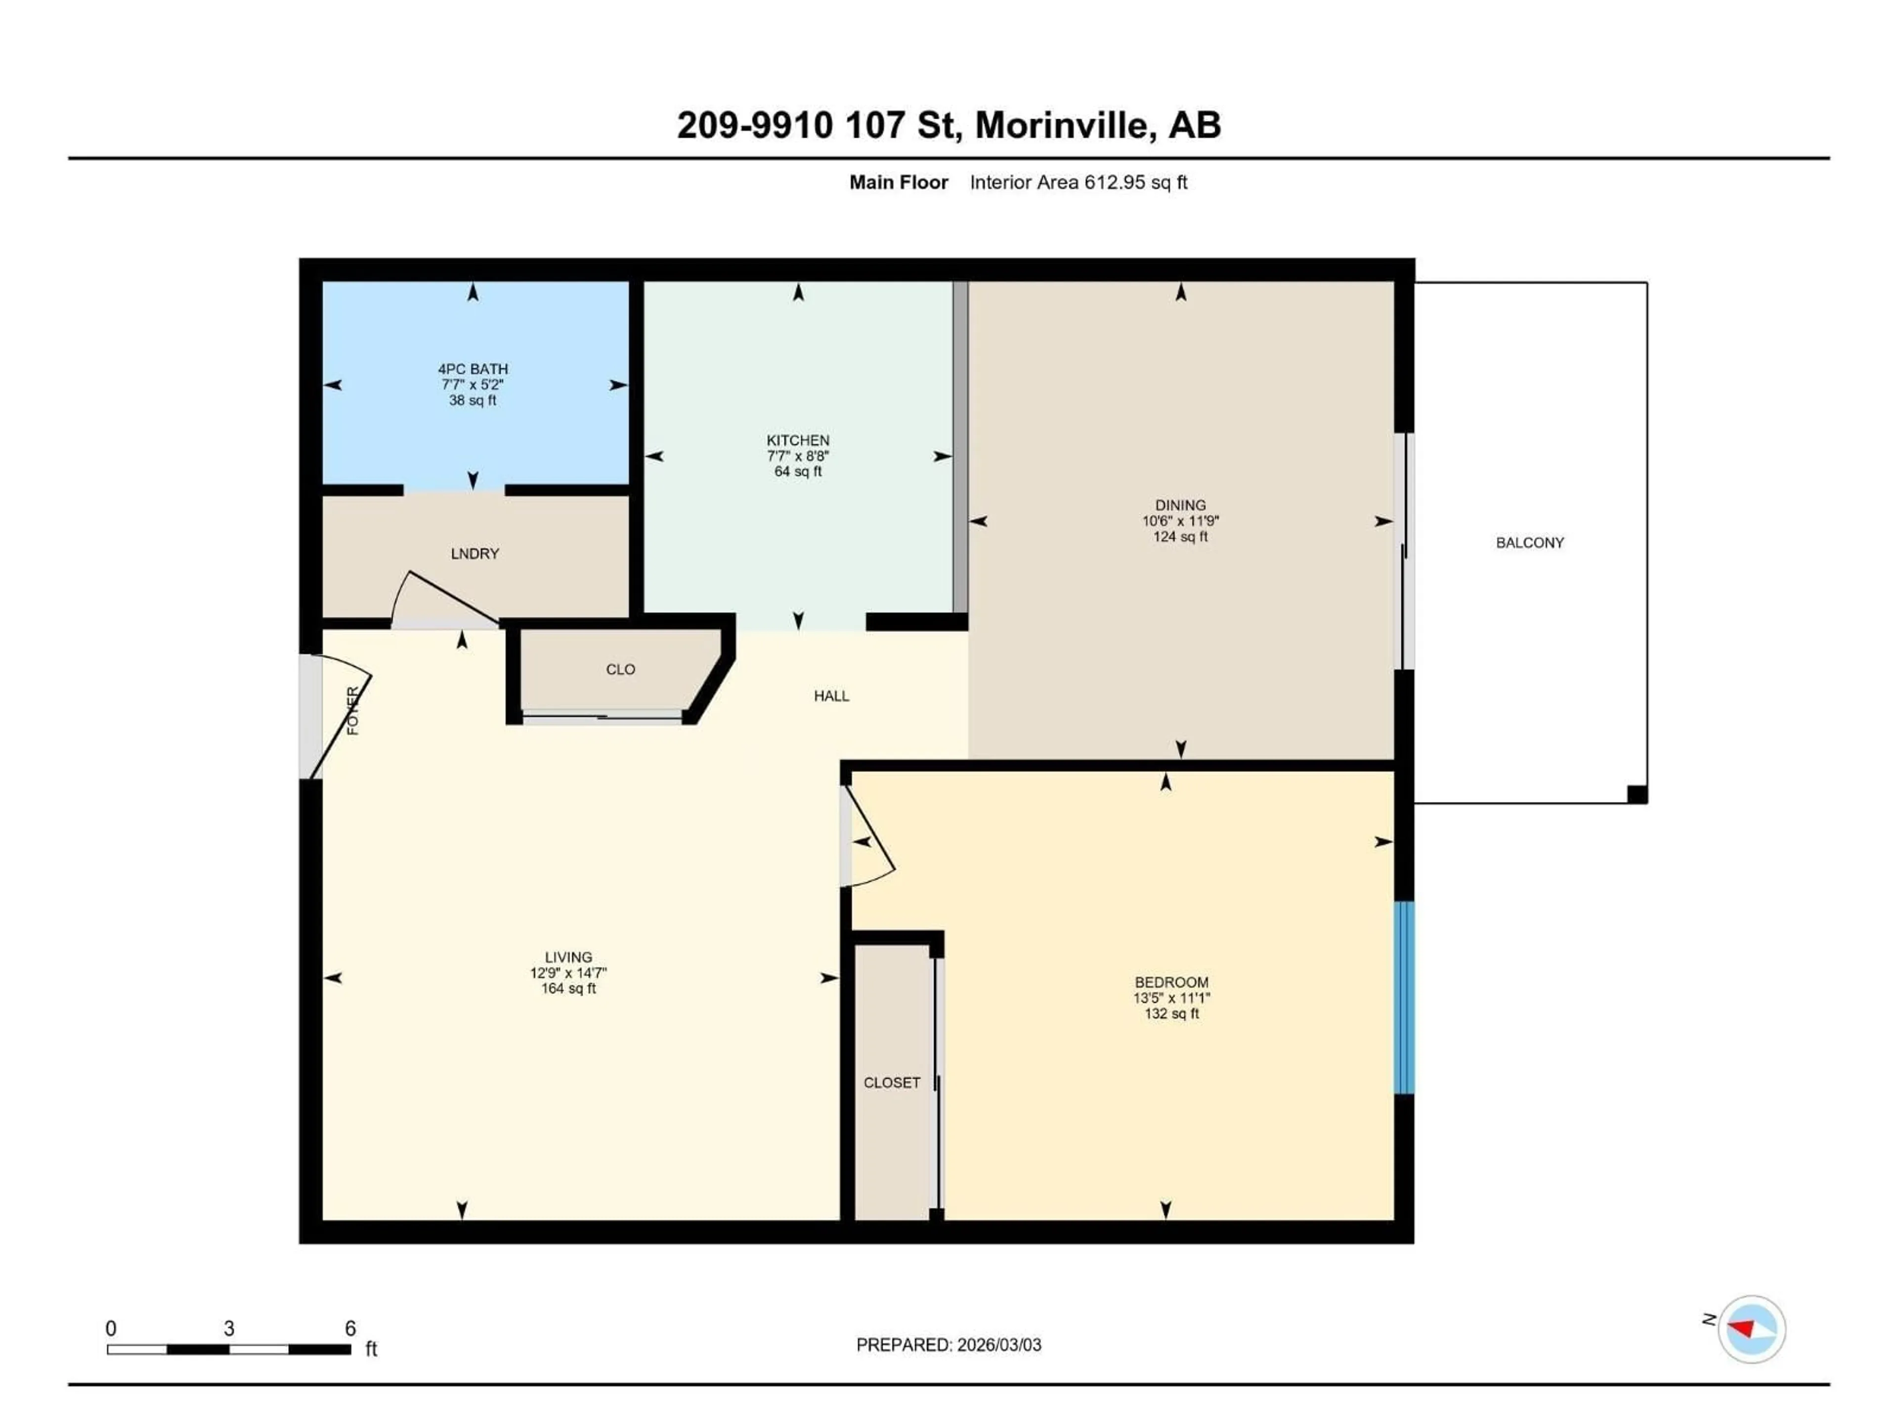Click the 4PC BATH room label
(473, 369)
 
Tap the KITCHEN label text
(798, 441)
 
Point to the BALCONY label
(1529, 542)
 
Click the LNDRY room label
(474, 554)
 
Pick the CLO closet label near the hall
(620, 669)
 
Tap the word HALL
(830, 696)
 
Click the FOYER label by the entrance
(352, 711)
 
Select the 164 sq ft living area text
(568, 989)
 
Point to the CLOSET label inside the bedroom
(892, 1083)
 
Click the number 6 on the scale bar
(350, 1329)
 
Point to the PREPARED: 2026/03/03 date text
(948, 1345)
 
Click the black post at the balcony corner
(1637, 795)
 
